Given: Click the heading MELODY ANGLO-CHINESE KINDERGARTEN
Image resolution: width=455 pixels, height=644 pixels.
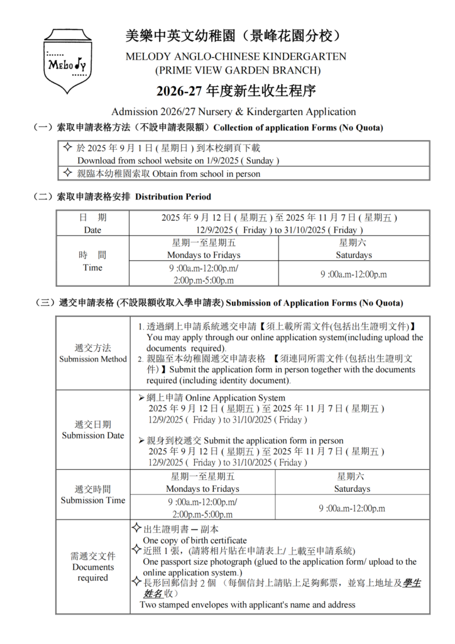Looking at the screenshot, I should point(236,56).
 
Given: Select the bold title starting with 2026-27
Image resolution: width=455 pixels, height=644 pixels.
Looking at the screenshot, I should point(236,91).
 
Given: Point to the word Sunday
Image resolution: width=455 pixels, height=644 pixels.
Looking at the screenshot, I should point(260,160).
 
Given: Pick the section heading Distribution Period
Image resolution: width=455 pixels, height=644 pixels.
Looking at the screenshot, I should point(173,197).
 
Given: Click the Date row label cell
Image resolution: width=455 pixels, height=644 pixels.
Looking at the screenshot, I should point(92,224).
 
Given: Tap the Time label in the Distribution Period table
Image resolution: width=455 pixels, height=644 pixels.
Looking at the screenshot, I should point(92,261).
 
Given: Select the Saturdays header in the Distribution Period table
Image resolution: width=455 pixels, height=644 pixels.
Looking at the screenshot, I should point(354,255).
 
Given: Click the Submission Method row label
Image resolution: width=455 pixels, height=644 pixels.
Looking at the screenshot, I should point(92,353).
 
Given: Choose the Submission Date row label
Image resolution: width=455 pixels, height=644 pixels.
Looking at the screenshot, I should point(92,430).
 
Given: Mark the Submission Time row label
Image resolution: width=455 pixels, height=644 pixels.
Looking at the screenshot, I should point(92,494).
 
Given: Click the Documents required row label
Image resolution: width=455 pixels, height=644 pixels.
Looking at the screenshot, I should point(92,567).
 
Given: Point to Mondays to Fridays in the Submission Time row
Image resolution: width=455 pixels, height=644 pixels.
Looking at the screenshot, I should point(202,489).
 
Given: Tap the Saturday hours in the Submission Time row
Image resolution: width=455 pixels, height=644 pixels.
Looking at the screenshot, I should point(352,508).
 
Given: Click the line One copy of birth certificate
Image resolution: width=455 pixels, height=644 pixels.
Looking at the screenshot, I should point(195,540).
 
